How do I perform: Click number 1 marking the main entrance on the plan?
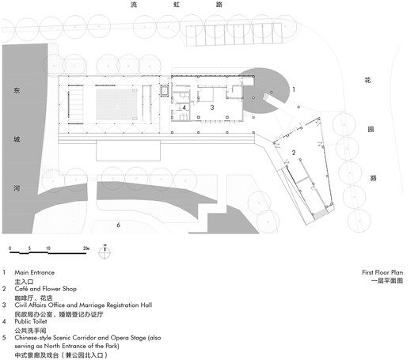coord(294,89)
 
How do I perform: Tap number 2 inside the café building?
coord(294,152)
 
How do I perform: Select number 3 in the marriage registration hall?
coord(212,107)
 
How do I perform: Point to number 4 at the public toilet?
coord(184,108)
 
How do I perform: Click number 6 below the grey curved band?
coord(118,225)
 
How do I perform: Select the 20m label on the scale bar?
coord(85,249)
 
